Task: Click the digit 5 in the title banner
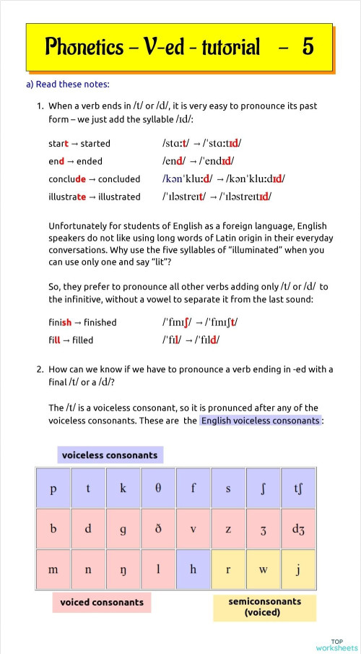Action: click(x=308, y=48)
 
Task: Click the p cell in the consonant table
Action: click(x=53, y=488)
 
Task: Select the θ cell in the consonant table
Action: click(x=158, y=488)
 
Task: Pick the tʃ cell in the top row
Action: click(x=298, y=488)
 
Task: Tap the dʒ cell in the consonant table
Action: click(x=298, y=528)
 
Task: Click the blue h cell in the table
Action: click(x=193, y=569)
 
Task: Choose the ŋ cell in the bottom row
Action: click(x=123, y=569)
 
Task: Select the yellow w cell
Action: click(x=263, y=569)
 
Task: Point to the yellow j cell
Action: click(x=298, y=569)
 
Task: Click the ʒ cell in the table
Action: click(x=263, y=528)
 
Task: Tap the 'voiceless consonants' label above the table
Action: click(x=110, y=455)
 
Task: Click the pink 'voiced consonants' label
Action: click(x=102, y=602)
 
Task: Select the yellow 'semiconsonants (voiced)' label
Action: click(x=264, y=606)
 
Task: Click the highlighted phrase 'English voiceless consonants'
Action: click(x=260, y=421)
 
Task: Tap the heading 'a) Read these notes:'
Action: click(x=67, y=84)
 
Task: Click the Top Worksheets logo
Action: click(x=336, y=644)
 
